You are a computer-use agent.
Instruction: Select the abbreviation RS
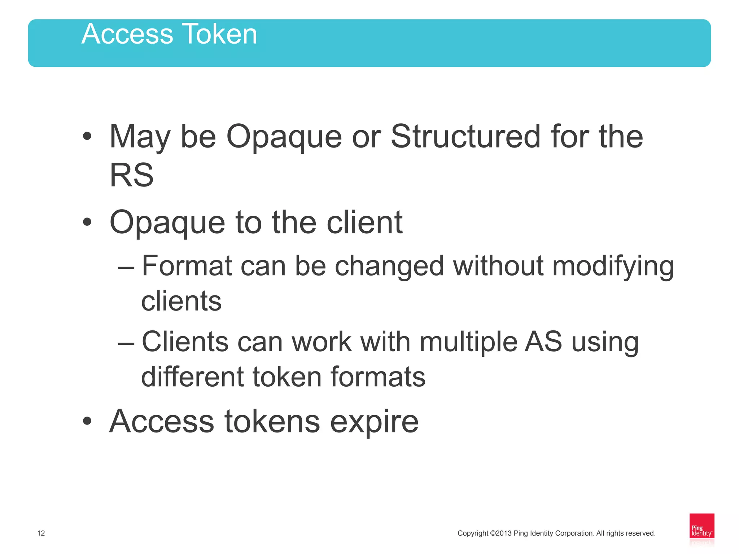tap(132, 175)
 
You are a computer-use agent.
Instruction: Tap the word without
tap(498, 266)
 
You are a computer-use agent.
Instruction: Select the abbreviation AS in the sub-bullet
tap(543, 341)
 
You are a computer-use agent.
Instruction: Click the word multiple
tap(468, 342)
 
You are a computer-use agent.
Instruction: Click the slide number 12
tap(41, 533)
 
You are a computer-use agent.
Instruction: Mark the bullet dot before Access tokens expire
tap(87, 421)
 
